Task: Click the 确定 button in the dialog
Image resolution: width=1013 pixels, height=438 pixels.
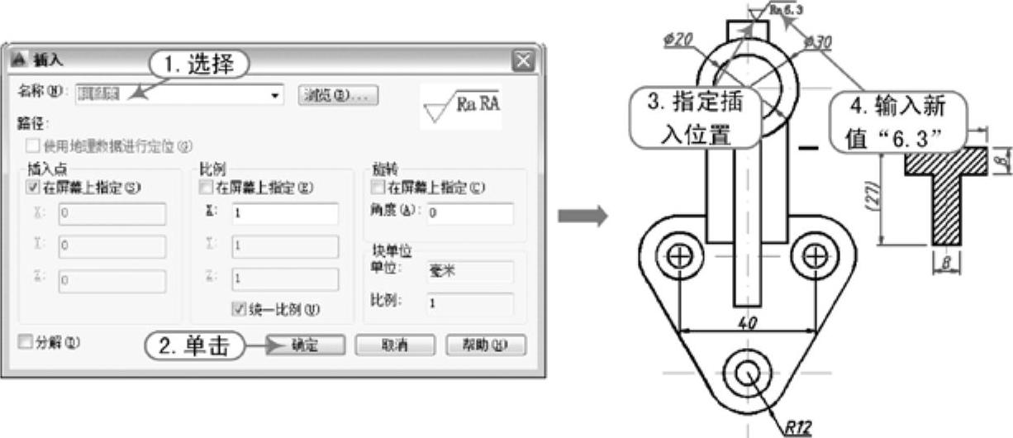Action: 305,345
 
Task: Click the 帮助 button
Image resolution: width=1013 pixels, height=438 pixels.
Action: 485,345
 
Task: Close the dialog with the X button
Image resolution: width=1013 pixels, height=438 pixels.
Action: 522,60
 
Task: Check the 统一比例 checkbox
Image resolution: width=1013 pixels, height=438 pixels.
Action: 240,310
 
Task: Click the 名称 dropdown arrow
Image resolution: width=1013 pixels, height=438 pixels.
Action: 275,96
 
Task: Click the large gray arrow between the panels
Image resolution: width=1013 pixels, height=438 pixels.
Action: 583,217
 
